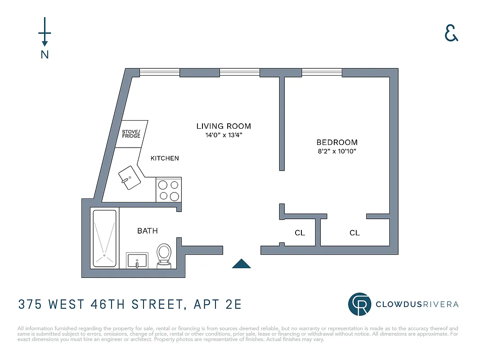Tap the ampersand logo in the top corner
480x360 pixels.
click(451, 33)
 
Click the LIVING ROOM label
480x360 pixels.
click(224, 126)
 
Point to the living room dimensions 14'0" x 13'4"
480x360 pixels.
click(224, 135)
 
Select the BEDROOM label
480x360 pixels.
click(337, 143)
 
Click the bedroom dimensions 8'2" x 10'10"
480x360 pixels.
click(337, 151)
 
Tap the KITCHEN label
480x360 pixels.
click(165, 158)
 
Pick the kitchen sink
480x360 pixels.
click(130, 178)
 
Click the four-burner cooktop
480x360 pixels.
click(169, 190)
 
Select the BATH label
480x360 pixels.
click(148, 231)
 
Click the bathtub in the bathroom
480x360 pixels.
click(105, 238)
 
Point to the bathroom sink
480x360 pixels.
click(137, 261)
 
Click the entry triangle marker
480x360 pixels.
click(241, 264)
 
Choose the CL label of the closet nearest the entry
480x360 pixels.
click(300, 233)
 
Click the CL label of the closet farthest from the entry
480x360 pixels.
click(355, 233)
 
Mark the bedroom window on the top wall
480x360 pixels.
click(322, 72)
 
